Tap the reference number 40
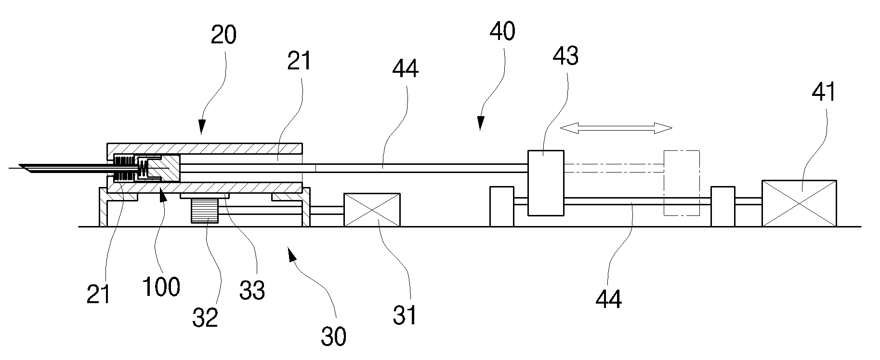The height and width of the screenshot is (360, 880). coord(502,31)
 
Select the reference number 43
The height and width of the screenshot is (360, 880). coord(565,56)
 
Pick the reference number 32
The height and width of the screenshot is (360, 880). coord(205,317)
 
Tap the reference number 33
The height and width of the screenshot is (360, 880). coord(252,290)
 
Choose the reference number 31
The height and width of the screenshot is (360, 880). coord(404,316)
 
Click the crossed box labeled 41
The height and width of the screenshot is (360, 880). coord(799,203)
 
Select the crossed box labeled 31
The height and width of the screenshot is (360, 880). coord(372,210)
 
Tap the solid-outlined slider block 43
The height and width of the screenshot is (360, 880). coord(546,183)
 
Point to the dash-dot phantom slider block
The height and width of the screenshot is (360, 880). coord(682,183)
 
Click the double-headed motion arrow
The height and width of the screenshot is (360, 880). coord(616,128)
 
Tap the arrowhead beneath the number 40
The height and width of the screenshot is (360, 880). coord(480,125)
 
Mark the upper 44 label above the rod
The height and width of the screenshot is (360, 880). coord(405,69)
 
